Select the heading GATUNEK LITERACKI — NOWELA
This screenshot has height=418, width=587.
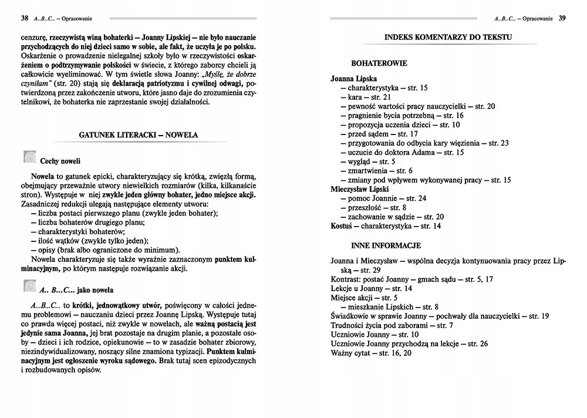[x=138, y=135]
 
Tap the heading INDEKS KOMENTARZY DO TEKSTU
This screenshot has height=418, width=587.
[x=448, y=38]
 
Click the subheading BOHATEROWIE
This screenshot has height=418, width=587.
[x=379, y=62]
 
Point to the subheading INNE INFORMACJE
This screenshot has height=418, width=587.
[x=386, y=245]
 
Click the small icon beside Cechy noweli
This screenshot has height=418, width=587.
[x=29, y=157]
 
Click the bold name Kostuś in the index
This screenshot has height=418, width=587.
[x=342, y=226]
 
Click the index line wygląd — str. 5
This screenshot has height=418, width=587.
[x=372, y=161]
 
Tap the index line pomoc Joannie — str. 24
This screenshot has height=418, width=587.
[x=387, y=198]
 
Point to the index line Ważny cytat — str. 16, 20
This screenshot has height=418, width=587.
[x=372, y=352]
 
